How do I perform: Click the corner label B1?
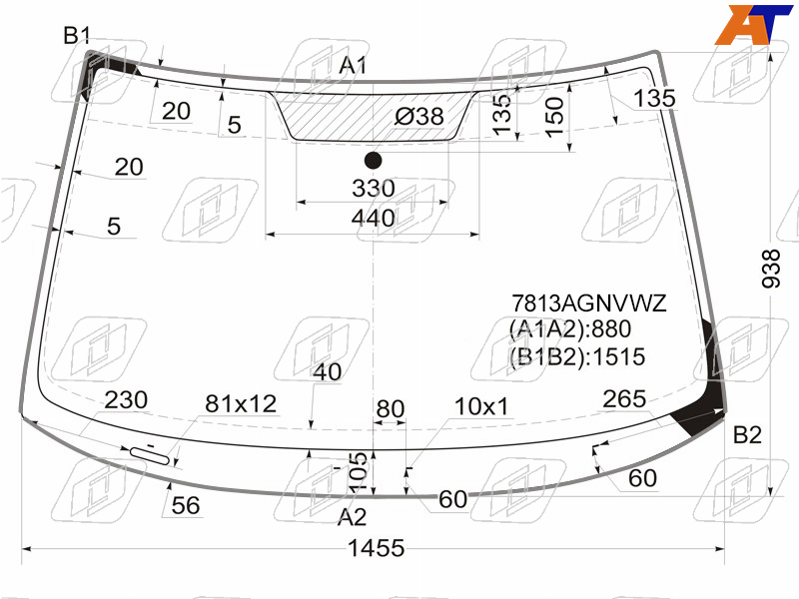(77, 36)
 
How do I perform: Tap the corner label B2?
(747, 435)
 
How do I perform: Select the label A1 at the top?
(353, 65)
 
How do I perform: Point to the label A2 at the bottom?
(352, 517)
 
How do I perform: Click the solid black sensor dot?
(374, 160)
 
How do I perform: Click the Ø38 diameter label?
(418, 117)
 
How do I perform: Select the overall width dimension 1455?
(377, 548)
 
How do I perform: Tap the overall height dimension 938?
(771, 269)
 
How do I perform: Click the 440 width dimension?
(373, 218)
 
